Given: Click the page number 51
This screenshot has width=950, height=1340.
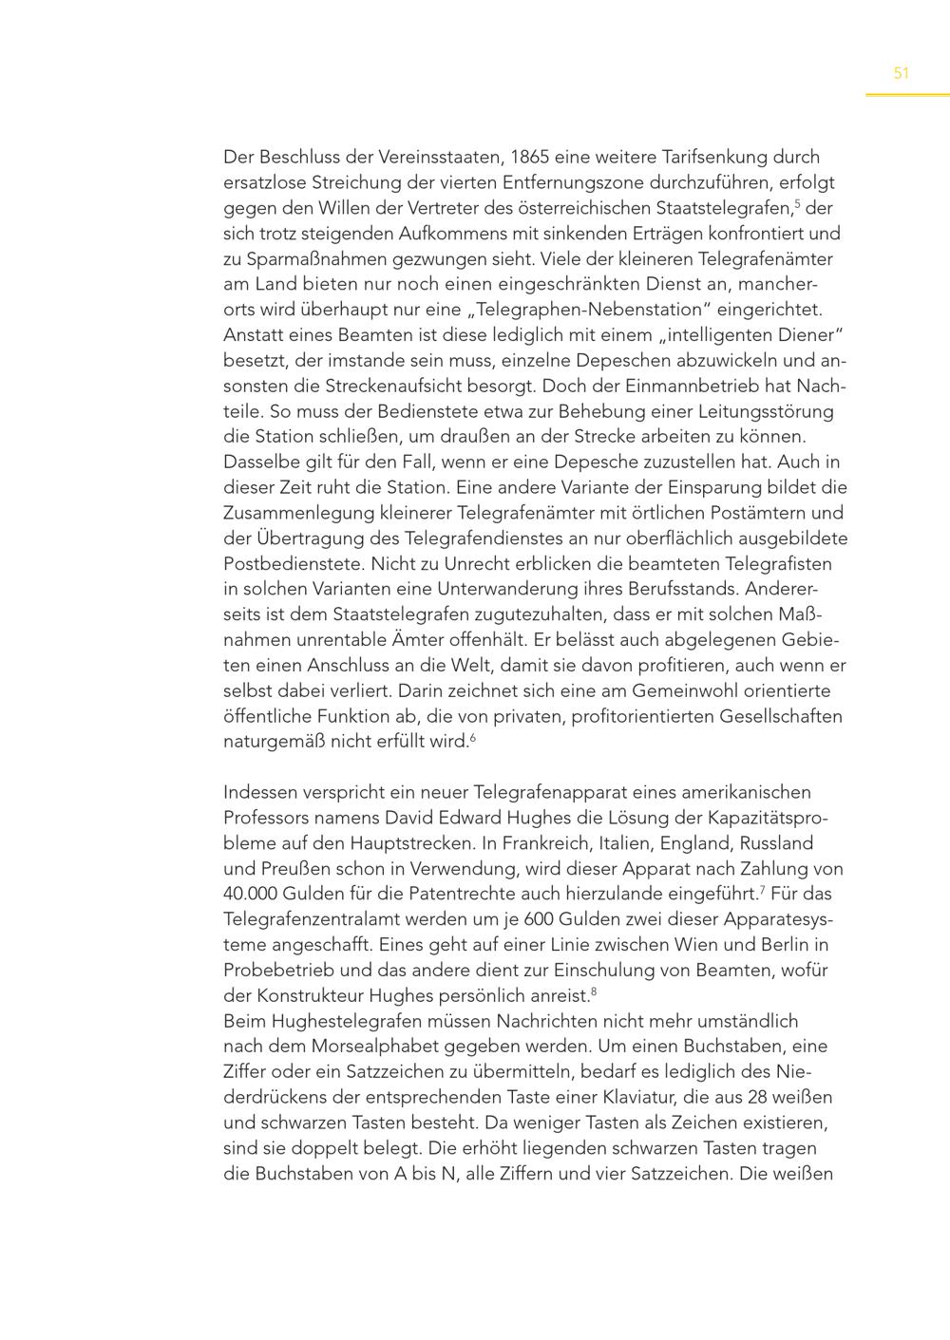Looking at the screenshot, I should point(902,73).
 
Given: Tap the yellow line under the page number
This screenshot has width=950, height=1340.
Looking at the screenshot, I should point(907,95).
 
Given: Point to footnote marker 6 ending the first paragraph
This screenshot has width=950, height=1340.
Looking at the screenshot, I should point(472,737).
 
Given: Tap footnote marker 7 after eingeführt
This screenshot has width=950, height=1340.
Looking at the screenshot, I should point(762,889).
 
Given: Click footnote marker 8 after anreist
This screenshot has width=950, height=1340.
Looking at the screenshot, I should point(593,991).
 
